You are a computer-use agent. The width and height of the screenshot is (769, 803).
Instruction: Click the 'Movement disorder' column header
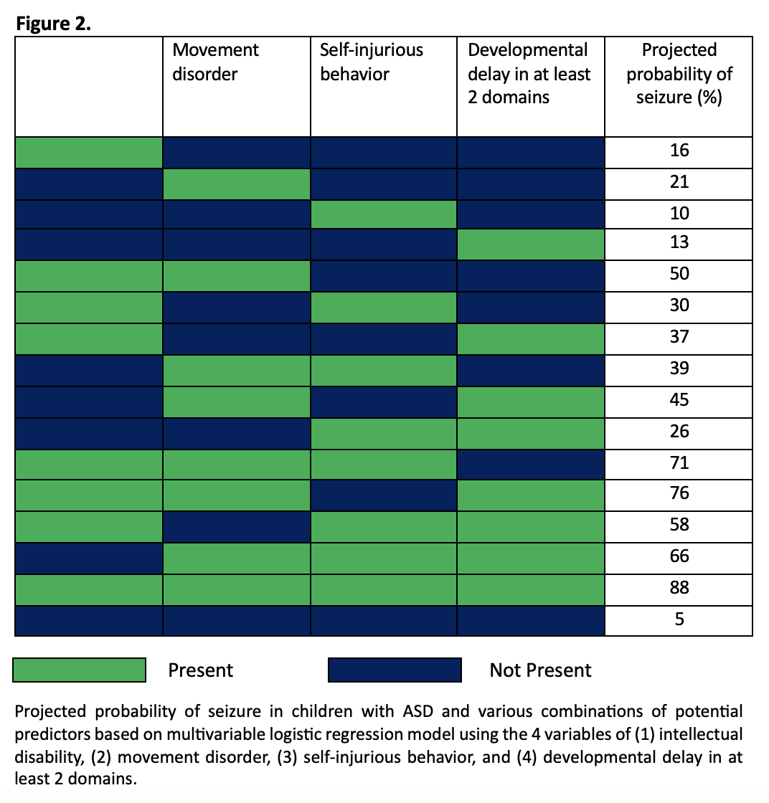click(216, 62)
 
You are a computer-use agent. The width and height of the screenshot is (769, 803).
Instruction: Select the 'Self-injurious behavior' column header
click(372, 62)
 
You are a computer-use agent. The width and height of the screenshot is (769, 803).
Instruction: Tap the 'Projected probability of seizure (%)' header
click(679, 73)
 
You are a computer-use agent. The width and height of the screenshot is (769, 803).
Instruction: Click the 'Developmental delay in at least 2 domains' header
click(529, 73)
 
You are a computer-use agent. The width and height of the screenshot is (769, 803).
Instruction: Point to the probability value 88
click(679, 588)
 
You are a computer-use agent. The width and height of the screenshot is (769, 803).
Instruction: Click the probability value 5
click(679, 619)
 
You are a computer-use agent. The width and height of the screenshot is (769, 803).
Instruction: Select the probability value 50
click(679, 274)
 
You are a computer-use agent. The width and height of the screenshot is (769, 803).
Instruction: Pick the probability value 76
click(679, 493)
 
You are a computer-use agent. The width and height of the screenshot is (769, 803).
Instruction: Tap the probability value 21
click(679, 182)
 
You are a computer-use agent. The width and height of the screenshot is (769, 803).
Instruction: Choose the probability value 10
click(679, 214)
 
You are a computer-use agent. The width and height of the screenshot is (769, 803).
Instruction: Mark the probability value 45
click(679, 399)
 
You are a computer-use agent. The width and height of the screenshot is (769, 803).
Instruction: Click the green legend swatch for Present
click(80, 670)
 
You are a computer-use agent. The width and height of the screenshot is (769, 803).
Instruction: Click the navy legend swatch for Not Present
click(395, 670)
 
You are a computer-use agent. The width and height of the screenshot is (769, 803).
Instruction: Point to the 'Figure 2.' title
click(54, 24)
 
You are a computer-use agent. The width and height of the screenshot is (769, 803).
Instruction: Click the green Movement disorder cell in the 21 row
click(236, 184)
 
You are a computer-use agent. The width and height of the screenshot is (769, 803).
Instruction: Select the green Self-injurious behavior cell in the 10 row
click(384, 214)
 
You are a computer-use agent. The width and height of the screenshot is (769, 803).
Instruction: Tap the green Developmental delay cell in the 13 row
click(531, 244)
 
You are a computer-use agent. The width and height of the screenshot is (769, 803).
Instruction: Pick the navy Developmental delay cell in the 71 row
click(531, 463)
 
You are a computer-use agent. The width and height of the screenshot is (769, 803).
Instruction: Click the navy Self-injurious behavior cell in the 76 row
click(384, 495)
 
